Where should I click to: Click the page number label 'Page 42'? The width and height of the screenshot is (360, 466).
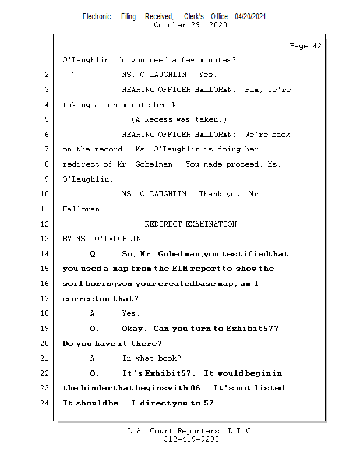click(305, 46)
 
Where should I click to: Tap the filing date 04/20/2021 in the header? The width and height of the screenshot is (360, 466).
click(250, 17)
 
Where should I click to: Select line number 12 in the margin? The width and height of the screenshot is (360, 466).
click(46, 224)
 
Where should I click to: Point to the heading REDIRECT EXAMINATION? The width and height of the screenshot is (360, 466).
click(190, 224)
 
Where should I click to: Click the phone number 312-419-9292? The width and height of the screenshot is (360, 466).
click(191, 439)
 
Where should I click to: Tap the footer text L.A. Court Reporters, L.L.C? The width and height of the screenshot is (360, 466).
click(190, 431)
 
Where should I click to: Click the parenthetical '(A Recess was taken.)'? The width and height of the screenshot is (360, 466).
click(179, 119)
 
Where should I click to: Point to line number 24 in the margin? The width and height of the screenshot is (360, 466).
click(46, 403)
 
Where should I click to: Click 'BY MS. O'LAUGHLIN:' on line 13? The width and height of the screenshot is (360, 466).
click(104, 239)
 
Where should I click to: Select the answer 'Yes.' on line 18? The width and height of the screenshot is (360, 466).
click(131, 313)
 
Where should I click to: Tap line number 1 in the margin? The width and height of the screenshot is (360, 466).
click(47, 60)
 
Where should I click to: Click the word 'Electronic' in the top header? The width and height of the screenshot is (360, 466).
click(97, 17)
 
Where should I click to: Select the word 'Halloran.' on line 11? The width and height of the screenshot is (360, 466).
click(83, 209)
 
